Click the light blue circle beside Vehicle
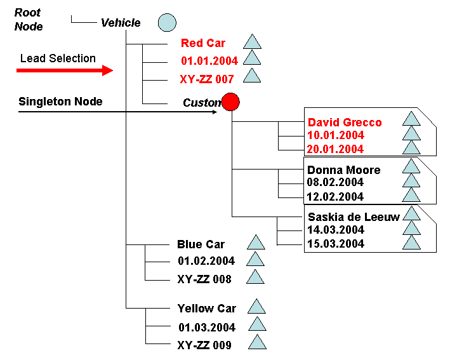[x=166, y=22]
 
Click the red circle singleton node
[x=230, y=102]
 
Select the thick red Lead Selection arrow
[x=64, y=70]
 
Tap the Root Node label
[x=29, y=20]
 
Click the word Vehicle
[x=121, y=23]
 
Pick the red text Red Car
[x=203, y=43]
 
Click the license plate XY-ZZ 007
[x=207, y=79]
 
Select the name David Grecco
[x=345, y=122]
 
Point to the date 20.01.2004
[x=336, y=149]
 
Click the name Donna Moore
[x=343, y=170]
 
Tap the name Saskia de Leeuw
[x=354, y=217]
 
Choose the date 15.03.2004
[x=336, y=244]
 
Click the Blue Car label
[x=201, y=244]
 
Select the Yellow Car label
[x=206, y=309]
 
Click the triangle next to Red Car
[x=253, y=43]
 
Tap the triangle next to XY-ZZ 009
[x=257, y=343]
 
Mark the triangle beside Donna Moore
[x=411, y=166]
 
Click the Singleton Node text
[x=60, y=102]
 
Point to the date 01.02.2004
[x=206, y=261]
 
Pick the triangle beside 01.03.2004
[x=257, y=325]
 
